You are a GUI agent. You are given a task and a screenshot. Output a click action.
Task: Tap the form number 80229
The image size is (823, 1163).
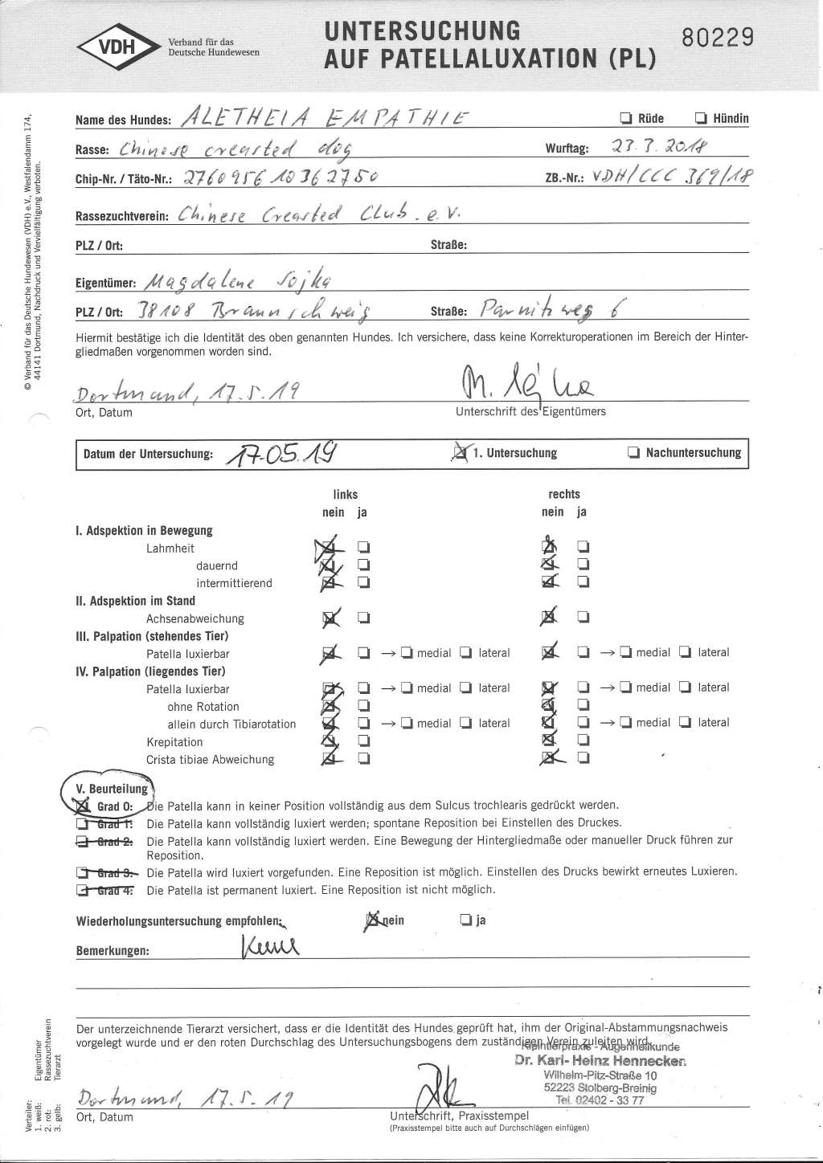tap(717, 38)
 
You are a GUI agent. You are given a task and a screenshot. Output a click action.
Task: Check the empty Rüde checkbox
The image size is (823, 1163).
tap(624, 119)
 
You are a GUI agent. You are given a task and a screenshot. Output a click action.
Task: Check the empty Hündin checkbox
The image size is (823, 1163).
tap(701, 119)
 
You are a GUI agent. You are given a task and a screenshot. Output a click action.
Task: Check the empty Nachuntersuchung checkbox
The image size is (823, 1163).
tap(633, 453)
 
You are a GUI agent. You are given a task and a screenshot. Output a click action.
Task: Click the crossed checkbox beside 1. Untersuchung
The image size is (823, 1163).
tap(461, 453)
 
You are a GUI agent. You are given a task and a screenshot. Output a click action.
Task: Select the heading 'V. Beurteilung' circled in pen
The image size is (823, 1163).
tap(111, 789)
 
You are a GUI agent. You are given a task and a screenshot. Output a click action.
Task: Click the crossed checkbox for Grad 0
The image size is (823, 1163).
tap(84, 806)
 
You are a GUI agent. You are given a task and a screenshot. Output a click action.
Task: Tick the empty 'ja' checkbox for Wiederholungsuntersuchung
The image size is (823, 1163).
tap(465, 920)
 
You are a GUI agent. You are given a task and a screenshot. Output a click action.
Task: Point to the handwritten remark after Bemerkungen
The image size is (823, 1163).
tap(269, 947)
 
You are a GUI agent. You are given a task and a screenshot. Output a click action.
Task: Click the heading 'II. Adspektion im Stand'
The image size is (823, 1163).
tap(135, 601)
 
